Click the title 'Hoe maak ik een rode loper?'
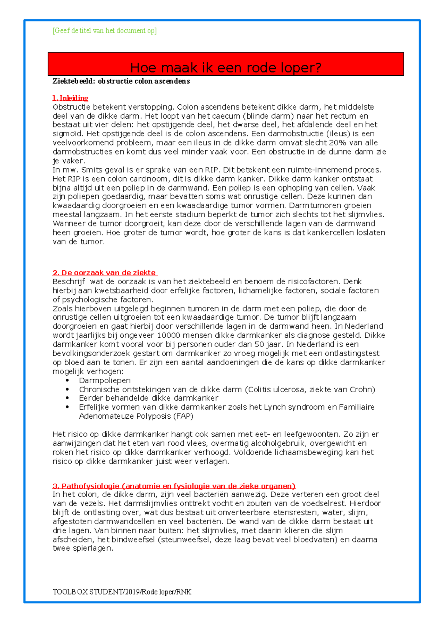[226, 68]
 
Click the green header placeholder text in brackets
[105, 31]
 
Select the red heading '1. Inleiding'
[70, 98]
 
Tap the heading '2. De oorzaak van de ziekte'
[105, 273]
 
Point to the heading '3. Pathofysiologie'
[174, 486]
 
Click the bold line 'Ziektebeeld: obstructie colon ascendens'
[121, 81]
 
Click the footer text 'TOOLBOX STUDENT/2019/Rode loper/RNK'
[122, 592]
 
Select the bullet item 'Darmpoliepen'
[105, 381]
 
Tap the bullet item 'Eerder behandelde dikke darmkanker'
[149, 398]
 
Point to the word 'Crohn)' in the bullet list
[362, 389]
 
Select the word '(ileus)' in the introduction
[338, 134]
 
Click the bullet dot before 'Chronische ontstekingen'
[67, 389]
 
